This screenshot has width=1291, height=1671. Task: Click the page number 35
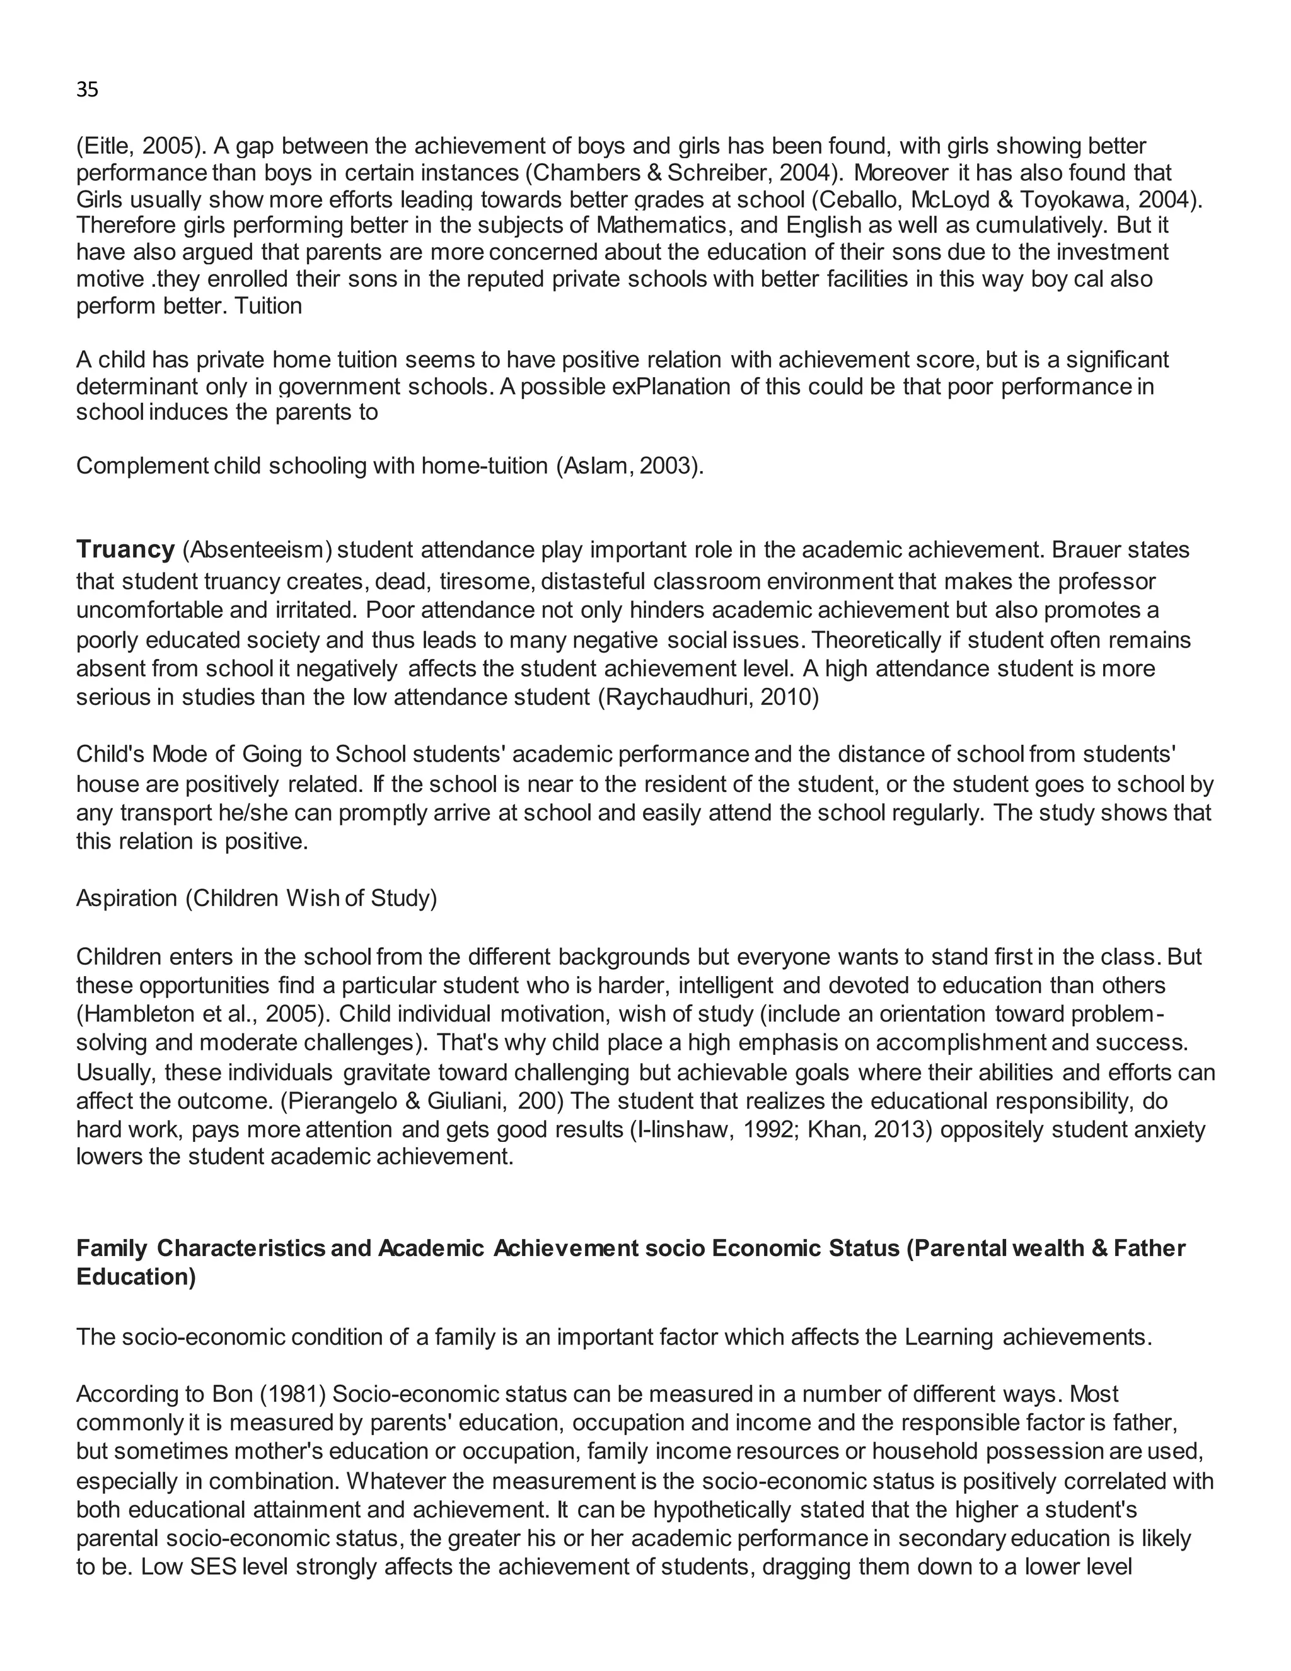tap(87, 90)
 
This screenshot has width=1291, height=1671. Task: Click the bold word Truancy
tap(125, 550)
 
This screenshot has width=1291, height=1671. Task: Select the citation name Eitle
tap(107, 146)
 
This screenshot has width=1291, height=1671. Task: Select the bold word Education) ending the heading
tap(136, 1277)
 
